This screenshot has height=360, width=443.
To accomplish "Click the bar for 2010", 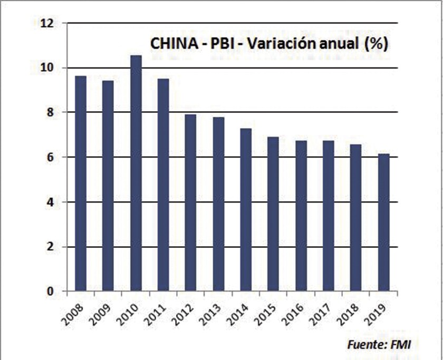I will click(136, 173).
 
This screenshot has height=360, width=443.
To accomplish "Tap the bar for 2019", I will click(383, 222).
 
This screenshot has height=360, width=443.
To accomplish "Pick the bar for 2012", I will click(190, 203).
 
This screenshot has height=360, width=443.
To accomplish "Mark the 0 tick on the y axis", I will click(52, 291).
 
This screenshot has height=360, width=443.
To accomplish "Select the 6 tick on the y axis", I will click(52, 157).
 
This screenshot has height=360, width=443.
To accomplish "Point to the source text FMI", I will click(399, 345).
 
